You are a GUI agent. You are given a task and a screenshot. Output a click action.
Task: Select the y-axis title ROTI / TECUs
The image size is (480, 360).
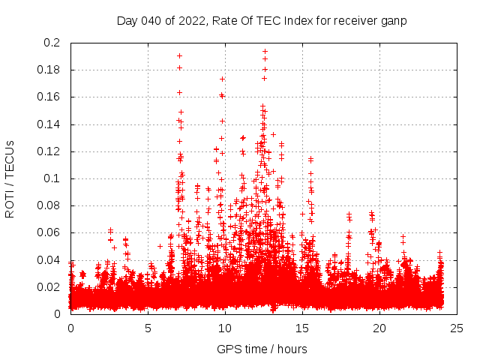pos(10,178)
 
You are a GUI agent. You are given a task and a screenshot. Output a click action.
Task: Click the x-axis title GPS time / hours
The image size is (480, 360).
pos(262,349)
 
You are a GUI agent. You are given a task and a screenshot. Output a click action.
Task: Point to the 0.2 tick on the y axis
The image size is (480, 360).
pos(52,43)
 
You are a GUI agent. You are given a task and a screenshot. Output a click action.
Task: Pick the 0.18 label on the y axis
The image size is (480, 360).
pos(49,70)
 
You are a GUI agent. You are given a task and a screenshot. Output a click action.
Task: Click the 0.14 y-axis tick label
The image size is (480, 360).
pos(49,124)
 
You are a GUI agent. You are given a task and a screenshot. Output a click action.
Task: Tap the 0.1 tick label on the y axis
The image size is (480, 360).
pos(52,178)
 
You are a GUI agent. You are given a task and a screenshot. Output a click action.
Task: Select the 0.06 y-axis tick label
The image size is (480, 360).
pos(49,232)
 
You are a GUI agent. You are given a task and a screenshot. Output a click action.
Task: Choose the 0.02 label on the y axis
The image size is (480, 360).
pos(49,286)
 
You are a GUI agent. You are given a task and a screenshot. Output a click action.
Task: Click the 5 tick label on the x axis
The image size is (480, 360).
pos(148,328)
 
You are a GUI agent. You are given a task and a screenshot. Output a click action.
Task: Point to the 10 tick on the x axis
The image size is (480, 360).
pos(225,328)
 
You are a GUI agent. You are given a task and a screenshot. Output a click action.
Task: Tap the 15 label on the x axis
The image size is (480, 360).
pos(302,328)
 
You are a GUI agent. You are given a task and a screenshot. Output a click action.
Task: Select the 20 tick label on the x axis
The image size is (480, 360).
pos(379,328)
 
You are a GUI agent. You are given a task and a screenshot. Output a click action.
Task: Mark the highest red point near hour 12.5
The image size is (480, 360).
pos(265,52)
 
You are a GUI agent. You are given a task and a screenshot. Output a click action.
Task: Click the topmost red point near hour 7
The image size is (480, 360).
pos(179,55)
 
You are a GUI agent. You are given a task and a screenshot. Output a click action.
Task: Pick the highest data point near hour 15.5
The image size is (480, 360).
pos(310,159)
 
